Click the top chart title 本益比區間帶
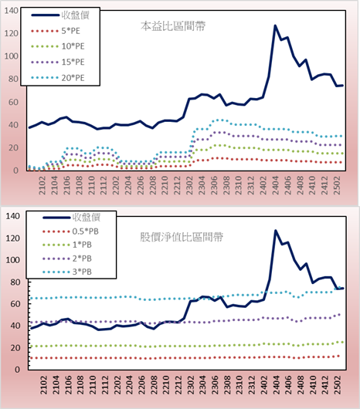[173, 26]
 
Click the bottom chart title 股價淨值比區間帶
[182, 237]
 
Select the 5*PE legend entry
[56, 31]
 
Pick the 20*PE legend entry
[57, 78]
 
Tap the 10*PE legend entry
[57, 46]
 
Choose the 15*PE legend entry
[57, 62]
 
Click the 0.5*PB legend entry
[70, 232]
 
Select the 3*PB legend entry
[67, 272]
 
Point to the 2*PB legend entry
[67, 259]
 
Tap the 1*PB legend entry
[67, 245]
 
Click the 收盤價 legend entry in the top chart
[60, 15]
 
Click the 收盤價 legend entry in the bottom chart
[72, 217]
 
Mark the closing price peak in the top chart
[275, 25]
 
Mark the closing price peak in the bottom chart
[276, 231]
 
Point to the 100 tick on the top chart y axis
[12, 56]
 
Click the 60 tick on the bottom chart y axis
[15, 304]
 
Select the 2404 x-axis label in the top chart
[276, 185]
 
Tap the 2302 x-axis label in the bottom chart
[191, 385]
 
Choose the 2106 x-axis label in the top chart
[67, 185]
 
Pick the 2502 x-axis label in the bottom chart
[338, 385]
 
